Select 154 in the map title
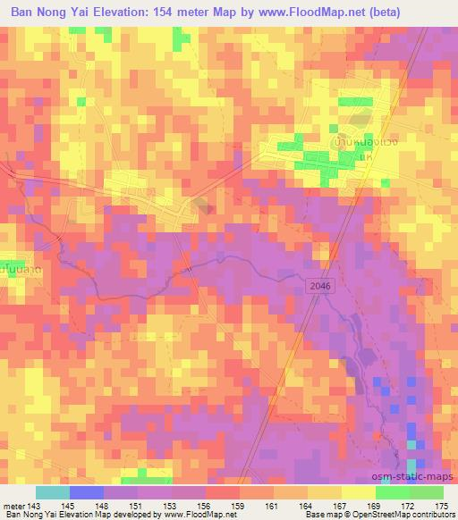(176, 12)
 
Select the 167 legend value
(340, 506)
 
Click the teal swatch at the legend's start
(53, 492)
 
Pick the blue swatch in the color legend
(87, 492)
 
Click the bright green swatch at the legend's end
(426, 492)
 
